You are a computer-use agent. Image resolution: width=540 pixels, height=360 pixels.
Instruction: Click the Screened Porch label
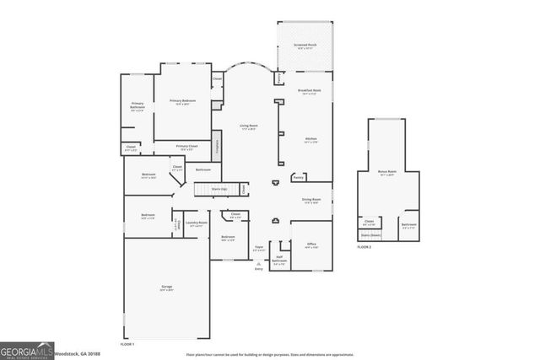click(x=305, y=46)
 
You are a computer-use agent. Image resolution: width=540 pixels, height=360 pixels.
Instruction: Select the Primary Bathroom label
click(x=138, y=105)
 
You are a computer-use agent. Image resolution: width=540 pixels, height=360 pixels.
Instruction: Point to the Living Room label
click(x=248, y=127)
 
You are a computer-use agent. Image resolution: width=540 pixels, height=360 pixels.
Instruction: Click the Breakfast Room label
click(x=310, y=91)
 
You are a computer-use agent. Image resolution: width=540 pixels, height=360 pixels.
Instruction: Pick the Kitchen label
click(x=310, y=140)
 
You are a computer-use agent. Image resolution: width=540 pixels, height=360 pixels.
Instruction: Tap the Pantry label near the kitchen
click(x=298, y=178)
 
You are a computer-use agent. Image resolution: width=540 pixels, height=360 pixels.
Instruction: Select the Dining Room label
click(x=310, y=201)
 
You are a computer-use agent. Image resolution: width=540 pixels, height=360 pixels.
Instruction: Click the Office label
click(x=310, y=246)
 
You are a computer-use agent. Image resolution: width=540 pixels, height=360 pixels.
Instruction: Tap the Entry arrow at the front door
click(x=259, y=266)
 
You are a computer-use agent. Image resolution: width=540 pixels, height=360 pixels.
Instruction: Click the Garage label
click(x=167, y=288)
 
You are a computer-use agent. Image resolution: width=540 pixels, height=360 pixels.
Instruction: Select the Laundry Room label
click(x=196, y=224)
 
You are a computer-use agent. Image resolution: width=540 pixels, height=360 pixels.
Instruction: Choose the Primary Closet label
click(x=187, y=148)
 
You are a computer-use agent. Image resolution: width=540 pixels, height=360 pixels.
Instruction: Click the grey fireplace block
click(x=216, y=145)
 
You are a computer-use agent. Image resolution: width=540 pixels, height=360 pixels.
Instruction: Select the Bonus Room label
click(x=387, y=172)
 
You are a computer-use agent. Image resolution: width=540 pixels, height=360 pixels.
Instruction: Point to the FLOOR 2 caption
click(x=364, y=247)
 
